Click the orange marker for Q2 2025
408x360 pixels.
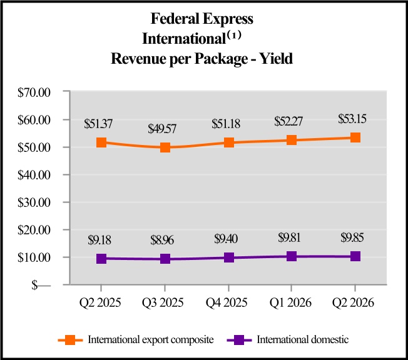point(101,142)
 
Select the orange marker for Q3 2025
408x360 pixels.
point(165,147)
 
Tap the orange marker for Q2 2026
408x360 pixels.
point(355,137)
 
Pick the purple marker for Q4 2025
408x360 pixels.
point(228,257)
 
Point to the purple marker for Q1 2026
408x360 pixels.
point(292,256)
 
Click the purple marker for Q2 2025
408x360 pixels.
point(101,258)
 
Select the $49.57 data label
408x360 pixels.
point(165,129)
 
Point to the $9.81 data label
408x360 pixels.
point(291,237)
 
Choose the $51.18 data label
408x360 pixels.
point(228,124)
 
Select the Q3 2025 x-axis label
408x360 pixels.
point(165,303)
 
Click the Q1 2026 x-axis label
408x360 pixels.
point(291,303)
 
